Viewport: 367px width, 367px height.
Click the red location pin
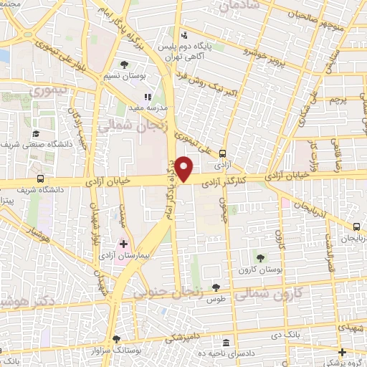185,169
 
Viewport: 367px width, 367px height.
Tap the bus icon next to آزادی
223,153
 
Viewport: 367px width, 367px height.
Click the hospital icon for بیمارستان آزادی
123,244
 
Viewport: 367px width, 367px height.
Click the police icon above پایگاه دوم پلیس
185,35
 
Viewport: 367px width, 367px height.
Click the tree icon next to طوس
216,287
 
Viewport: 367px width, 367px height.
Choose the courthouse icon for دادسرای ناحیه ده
227,343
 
